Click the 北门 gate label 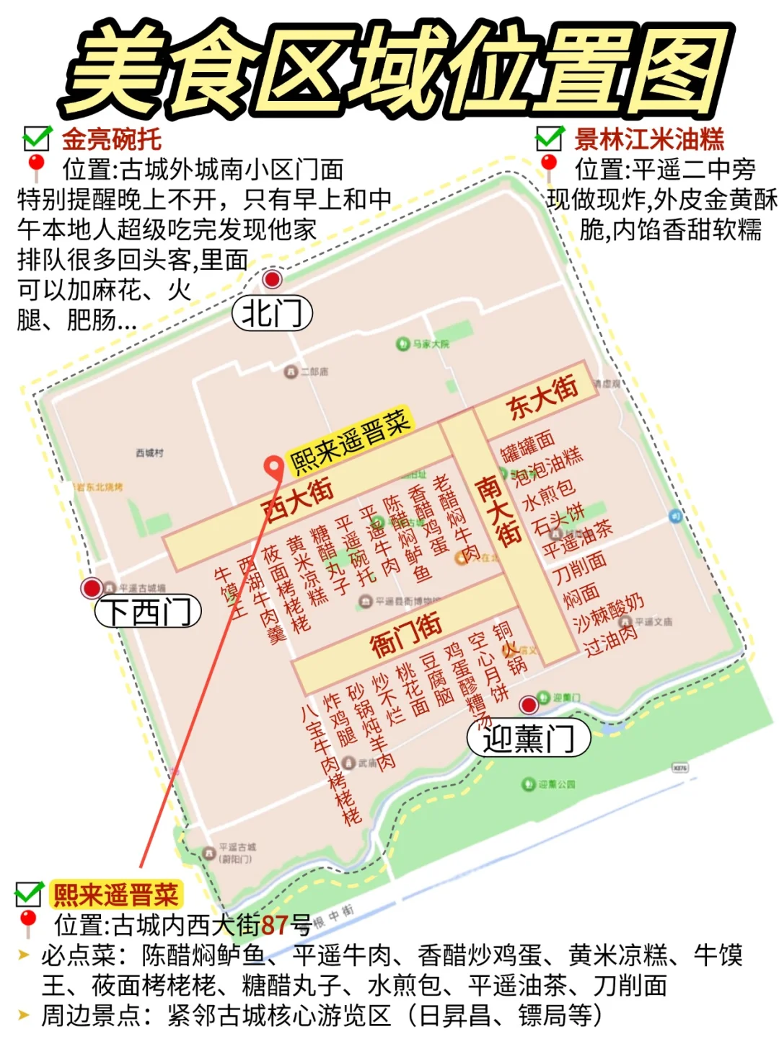[x=272, y=314]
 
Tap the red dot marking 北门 [x=272, y=279]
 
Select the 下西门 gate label [x=148, y=612]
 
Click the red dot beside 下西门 [x=92, y=588]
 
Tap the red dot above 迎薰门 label [x=529, y=704]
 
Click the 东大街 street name [x=543, y=398]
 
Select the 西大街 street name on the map [x=299, y=499]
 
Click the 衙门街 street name [x=406, y=634]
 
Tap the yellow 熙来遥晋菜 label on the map [x=350, y=440]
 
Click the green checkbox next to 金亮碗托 [x=36, y=138]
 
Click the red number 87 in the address [x=275, y=924]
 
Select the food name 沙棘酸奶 [x=609, y=614]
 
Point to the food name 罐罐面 [x=528, y=446]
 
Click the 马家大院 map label [x=431, y=344]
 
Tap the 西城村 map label [x=149, y=452]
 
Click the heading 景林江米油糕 [x=648, y=139]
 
